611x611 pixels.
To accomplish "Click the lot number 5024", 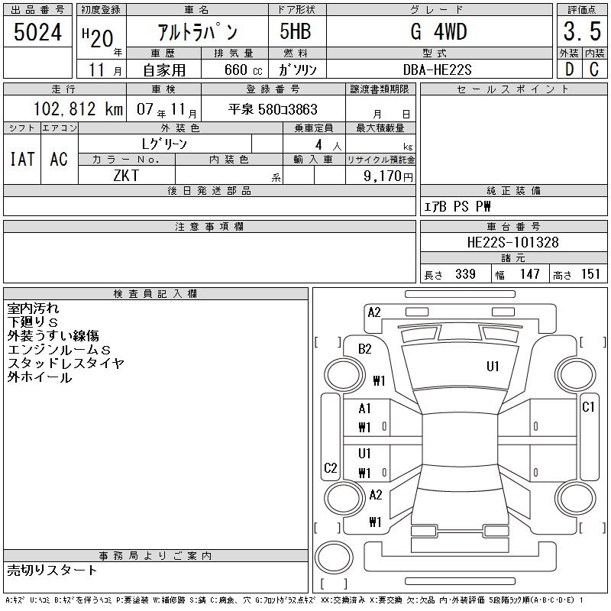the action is (38, 32).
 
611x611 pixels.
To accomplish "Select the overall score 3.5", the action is (581, 32).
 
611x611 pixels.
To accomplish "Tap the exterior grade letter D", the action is (568, 70).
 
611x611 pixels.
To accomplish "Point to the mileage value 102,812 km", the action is (78, 109).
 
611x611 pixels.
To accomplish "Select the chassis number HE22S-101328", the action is (512, 242).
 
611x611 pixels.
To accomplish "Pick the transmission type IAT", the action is (22, 159).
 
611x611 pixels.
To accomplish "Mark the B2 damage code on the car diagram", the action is (365, 349).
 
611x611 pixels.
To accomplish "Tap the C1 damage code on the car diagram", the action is (588, 407).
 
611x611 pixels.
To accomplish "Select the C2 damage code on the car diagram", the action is (330, 468).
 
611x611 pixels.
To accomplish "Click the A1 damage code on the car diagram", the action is (364, 409).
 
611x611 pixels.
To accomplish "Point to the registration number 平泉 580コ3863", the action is (273, 109).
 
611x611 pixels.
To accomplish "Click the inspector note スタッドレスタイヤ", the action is (66, 364).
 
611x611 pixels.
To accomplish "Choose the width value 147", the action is (530, 274).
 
